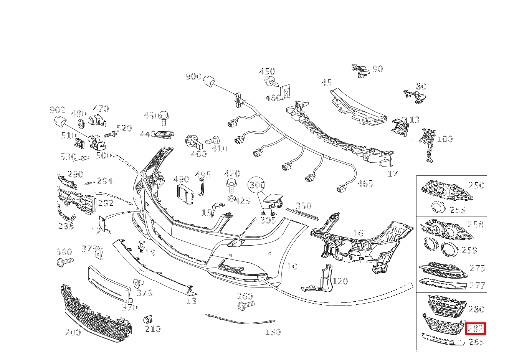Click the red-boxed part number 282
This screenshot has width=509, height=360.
475,329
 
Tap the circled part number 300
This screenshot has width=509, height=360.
257,185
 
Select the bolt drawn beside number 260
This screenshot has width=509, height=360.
245,306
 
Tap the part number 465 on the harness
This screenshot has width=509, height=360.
365,183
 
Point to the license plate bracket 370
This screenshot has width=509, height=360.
110,284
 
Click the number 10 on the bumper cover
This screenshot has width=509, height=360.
292,266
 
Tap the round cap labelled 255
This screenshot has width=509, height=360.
437,208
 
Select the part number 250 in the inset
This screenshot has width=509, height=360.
476,185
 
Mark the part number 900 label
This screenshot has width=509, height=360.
193,76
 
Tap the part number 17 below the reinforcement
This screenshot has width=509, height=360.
393,174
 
